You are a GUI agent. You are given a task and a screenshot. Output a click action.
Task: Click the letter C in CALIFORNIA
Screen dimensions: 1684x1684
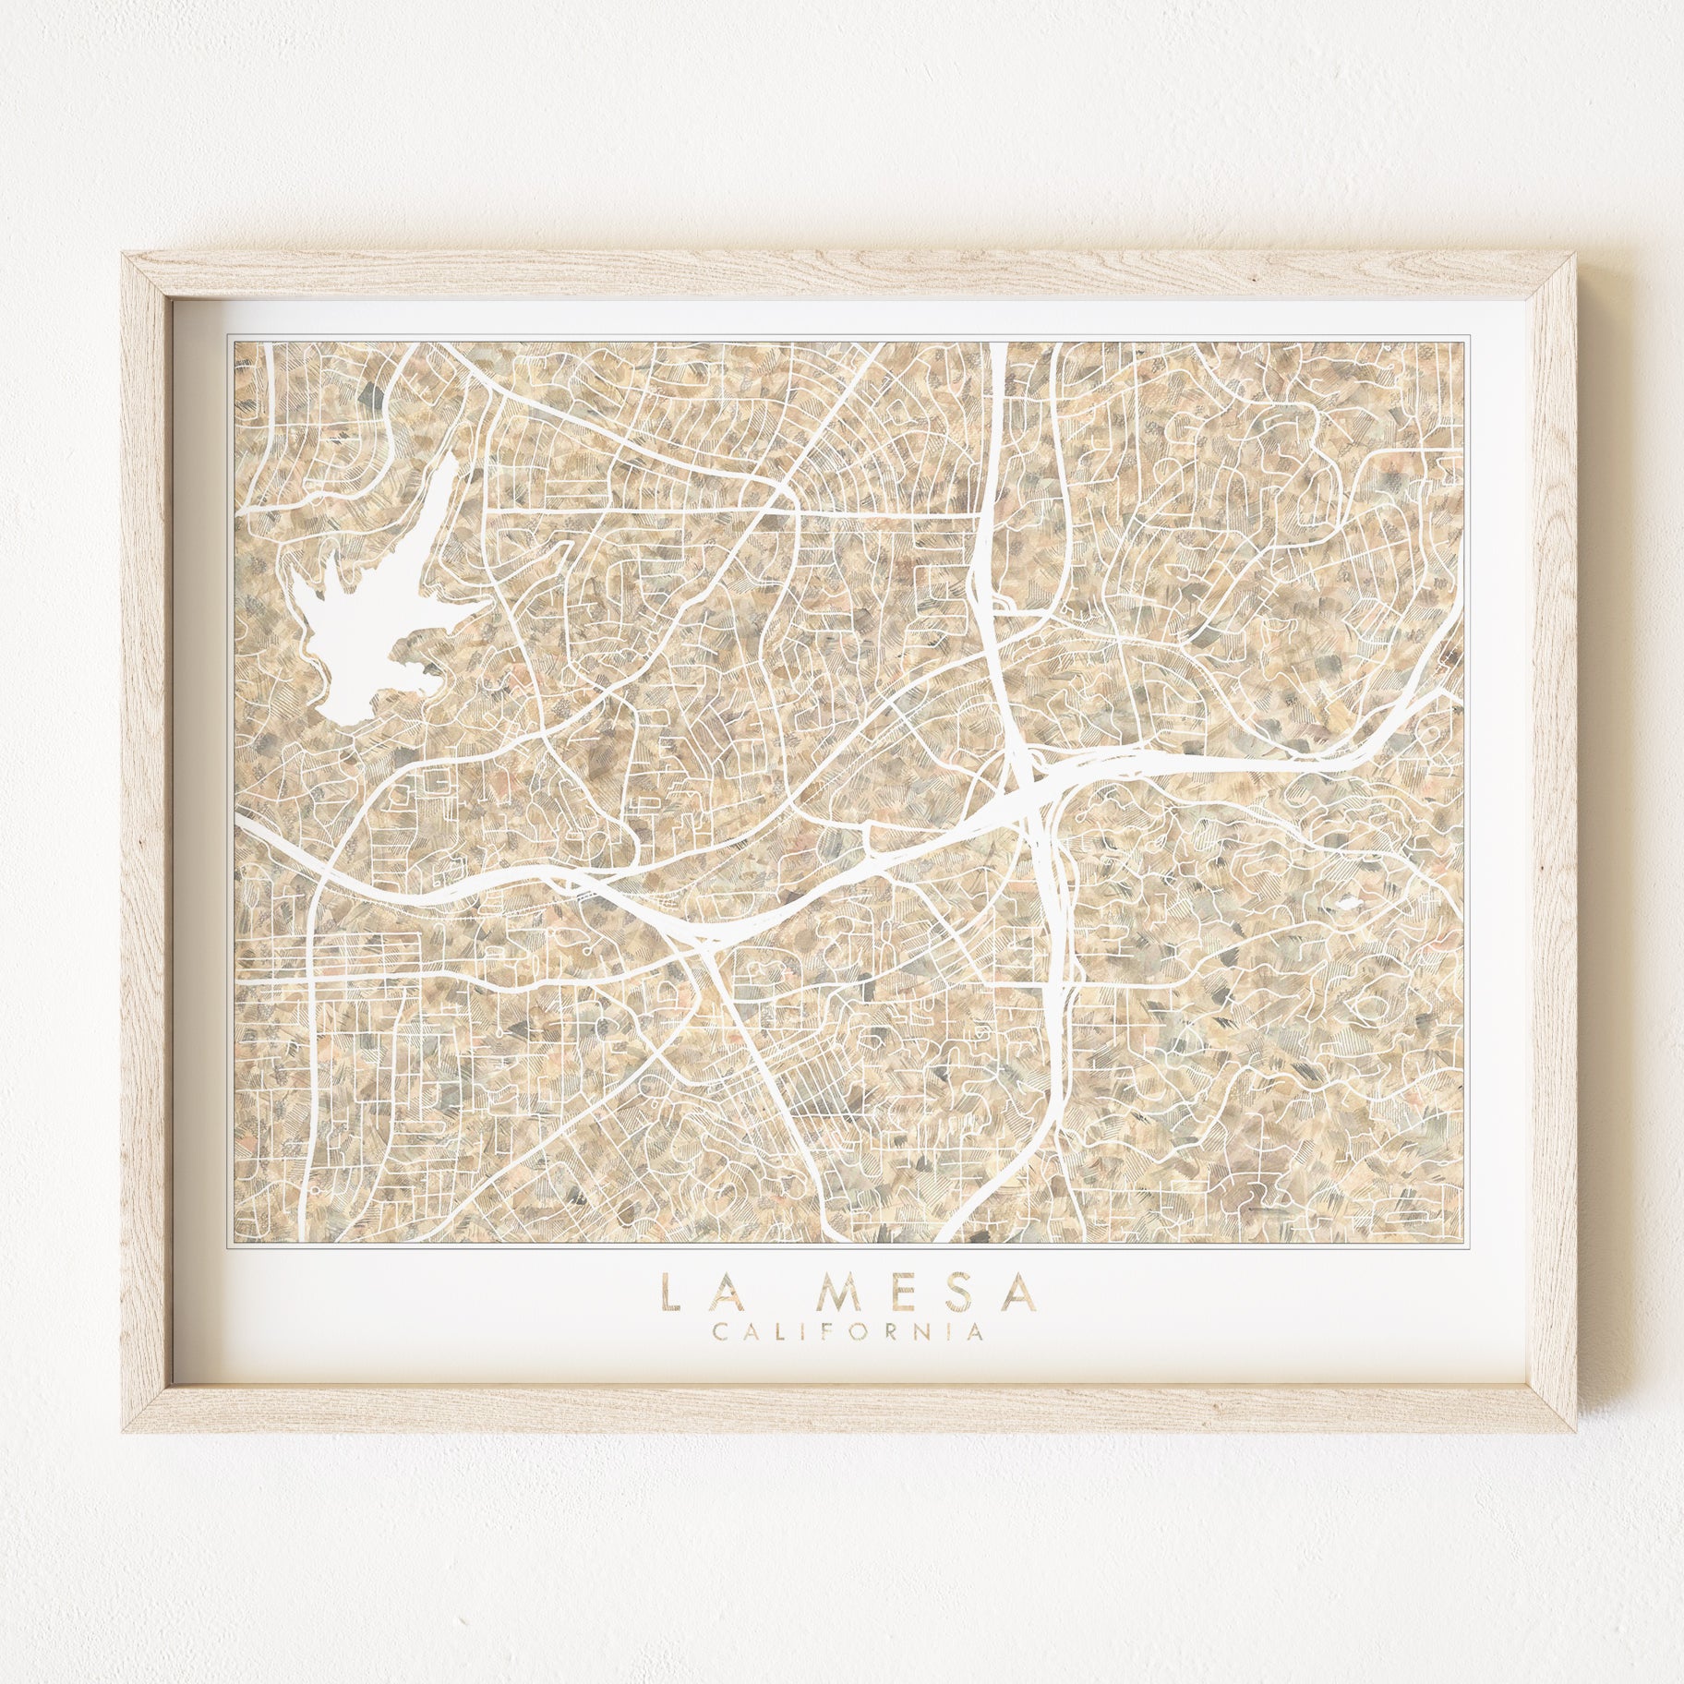coord(717,1332)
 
